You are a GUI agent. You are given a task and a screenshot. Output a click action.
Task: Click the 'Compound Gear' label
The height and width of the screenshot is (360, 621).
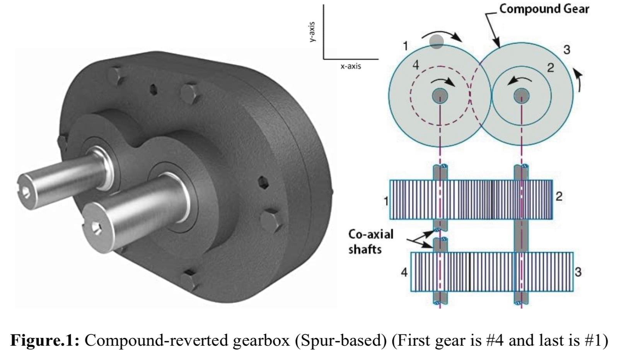pos(544,9)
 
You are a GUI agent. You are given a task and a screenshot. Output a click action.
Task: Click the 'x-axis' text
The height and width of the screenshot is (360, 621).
pos(350,66)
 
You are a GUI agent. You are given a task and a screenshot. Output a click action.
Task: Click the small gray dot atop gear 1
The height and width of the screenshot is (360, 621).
pos(437,42)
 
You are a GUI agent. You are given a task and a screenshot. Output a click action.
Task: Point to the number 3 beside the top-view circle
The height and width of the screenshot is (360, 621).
pos(566,50)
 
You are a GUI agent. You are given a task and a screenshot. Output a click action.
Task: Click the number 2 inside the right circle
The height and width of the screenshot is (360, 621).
pos(551,68)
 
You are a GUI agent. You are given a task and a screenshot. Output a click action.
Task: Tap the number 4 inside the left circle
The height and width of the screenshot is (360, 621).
pos(416,65)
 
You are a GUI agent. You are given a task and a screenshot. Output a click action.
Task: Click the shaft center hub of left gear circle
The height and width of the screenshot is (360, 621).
pos(440,95)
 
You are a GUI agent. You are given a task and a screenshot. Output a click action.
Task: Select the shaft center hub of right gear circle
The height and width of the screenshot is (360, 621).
pos(521,95)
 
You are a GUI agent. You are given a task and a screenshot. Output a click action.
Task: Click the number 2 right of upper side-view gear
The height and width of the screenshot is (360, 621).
pos(559,196)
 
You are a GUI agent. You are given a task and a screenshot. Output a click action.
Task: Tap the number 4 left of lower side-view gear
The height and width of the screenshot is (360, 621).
pos(404,272)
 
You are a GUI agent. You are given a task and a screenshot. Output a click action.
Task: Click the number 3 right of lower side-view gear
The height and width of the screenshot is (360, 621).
pos(578,272)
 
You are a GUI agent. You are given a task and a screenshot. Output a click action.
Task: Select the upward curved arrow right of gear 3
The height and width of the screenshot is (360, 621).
pos(578,79)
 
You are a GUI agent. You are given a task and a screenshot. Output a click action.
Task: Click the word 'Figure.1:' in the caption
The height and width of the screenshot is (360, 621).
pos(44,340)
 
